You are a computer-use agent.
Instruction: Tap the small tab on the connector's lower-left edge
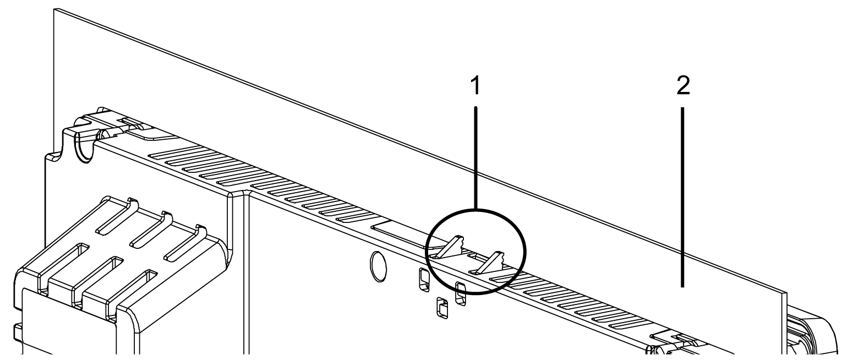click(x=17, y=332)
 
